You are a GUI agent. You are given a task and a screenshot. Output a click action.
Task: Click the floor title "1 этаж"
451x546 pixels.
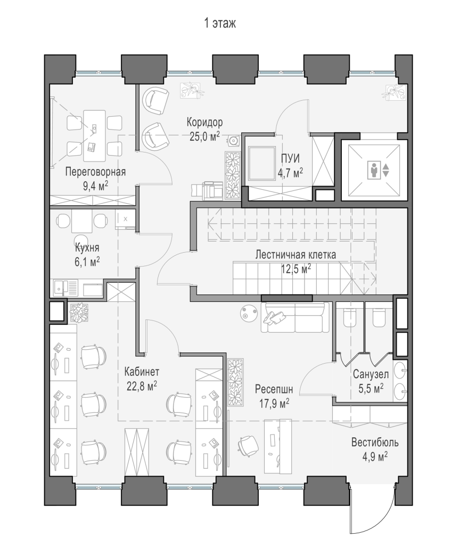(x=220, y=23)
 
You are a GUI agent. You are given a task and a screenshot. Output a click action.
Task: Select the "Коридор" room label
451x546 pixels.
(x=205, y=122)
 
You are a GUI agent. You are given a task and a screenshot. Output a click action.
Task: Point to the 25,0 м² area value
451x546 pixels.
(x=205, y=136)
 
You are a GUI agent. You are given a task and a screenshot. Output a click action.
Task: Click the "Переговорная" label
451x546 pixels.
(x=96, y=172)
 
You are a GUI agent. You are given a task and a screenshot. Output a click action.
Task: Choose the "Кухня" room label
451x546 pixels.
(x=87, y=247)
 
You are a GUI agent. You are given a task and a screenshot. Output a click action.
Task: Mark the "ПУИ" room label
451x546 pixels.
(x=290, y=158)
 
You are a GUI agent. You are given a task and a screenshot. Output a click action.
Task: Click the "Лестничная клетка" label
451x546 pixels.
(x=296, y=254)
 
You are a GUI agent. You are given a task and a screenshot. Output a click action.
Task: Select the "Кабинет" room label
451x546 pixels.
(x=142, y=372)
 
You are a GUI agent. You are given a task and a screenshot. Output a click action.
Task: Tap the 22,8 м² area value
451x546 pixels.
(x=142, y=386)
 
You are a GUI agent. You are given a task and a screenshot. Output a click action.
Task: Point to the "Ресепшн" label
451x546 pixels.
(x=274, y=389)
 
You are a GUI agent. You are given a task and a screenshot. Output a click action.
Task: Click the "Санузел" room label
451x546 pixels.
(x=371, y=374)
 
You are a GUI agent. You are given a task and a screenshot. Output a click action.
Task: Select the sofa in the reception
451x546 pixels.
(x=295, y=317)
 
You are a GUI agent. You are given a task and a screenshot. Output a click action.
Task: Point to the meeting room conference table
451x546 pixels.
(x=94, y=136)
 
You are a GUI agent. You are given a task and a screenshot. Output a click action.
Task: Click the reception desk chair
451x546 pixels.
(x=248, y=445)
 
